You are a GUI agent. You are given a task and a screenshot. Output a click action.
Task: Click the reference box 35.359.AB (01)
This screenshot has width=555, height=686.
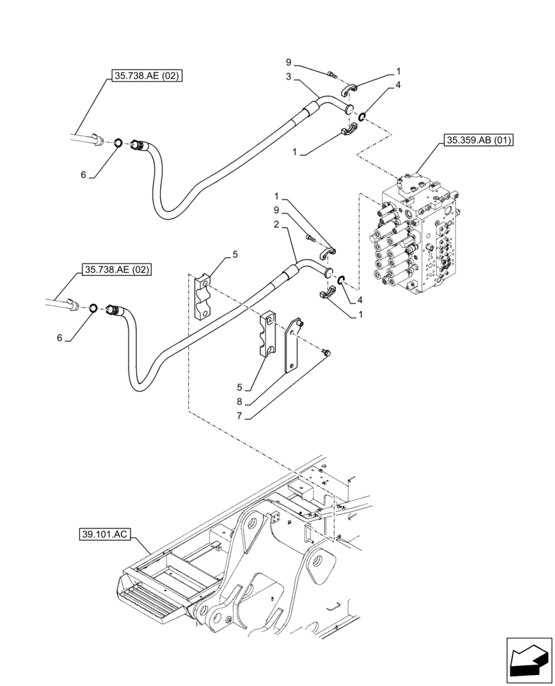[x=480, y=141]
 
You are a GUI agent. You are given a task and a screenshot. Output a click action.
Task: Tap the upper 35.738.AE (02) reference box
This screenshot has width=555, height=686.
[x=145, y=76]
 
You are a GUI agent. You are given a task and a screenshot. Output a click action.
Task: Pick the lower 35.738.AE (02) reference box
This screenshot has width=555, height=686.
[x=117, y=270]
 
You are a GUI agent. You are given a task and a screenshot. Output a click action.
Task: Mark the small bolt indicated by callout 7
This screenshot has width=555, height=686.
[x=326, y=352]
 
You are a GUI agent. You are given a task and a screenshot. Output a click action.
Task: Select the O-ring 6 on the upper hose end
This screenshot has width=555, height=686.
[x=118, y=143]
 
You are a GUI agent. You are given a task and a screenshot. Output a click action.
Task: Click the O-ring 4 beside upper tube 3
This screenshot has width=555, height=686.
[x=361, y=115]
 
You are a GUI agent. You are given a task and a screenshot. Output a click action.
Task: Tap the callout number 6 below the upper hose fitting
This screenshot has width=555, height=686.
[x=84, y=175]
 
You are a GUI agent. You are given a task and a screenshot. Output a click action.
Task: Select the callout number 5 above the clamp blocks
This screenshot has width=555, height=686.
[x=235, y=255]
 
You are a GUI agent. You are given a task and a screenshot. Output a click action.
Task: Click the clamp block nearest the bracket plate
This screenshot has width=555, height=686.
[x=269, y=335]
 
